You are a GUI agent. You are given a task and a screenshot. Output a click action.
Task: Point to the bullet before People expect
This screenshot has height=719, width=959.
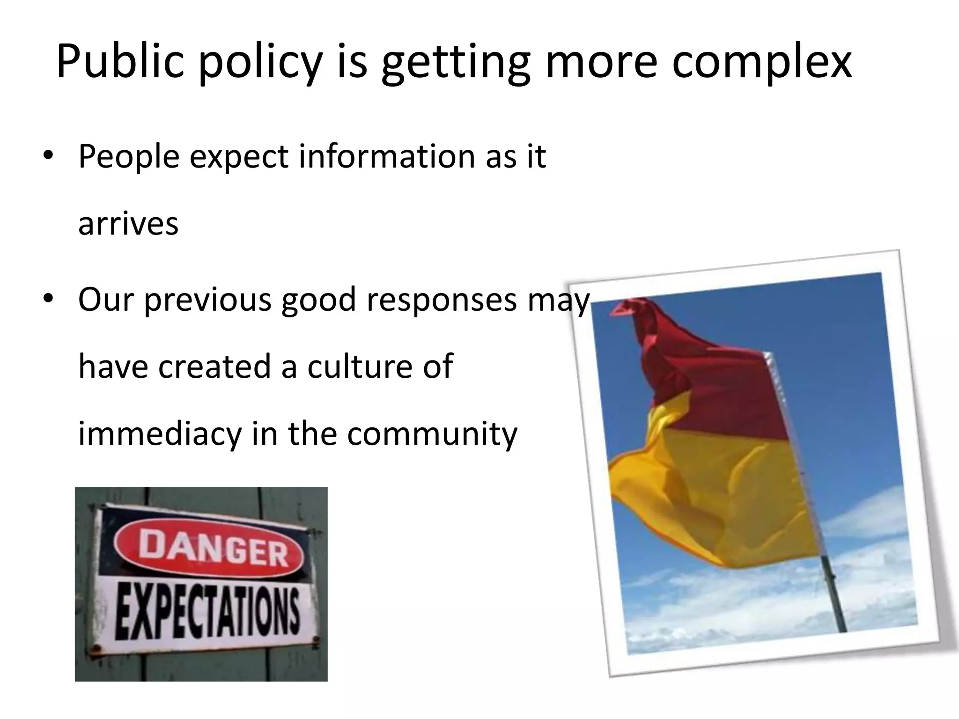click(x=48, y=157)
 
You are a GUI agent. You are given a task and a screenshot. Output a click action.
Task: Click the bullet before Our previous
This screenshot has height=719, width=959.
click(x=48, y=299)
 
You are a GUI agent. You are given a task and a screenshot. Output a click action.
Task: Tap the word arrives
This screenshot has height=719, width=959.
click(x=128, y=224)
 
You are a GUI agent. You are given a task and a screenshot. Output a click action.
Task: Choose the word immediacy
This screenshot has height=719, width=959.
click(x=159, y=433)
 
